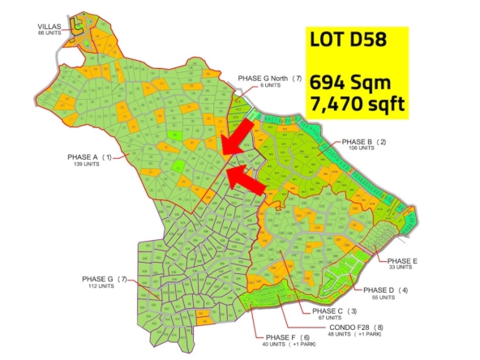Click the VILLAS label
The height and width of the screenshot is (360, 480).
50,27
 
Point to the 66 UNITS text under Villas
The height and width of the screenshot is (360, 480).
50,33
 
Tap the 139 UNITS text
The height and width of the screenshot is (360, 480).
84,164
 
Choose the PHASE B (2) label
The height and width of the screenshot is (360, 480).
364,142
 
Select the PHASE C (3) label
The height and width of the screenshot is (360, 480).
328,311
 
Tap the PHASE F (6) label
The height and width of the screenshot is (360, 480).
282,337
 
